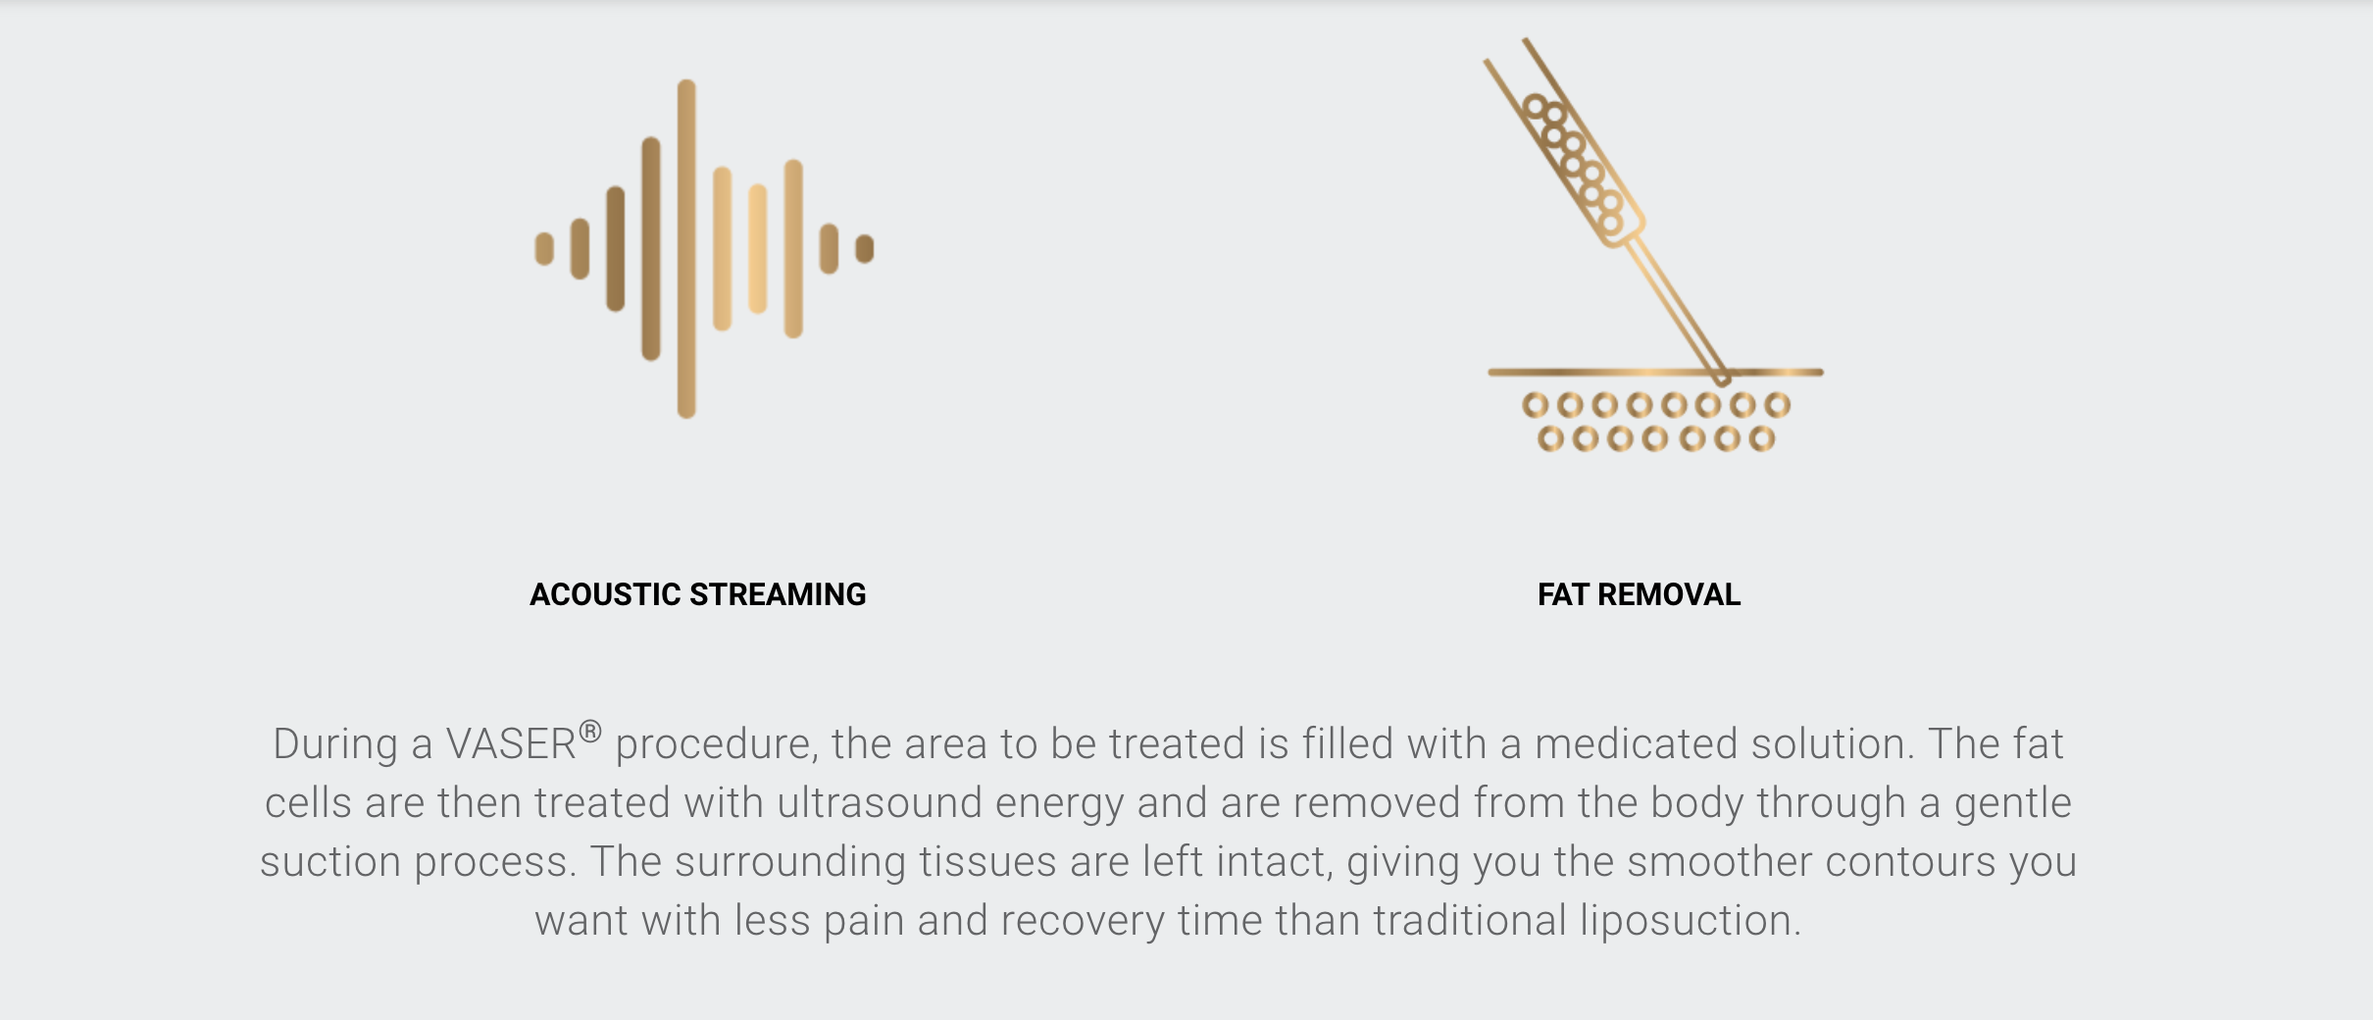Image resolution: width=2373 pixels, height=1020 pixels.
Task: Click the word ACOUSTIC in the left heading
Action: tap(605, 594)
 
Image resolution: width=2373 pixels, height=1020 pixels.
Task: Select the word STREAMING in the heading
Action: tap(779, 594)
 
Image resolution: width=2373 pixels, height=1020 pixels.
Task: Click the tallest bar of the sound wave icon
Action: tap(686, 249)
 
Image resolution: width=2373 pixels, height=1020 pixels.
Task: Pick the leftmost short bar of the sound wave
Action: tap(544, 249)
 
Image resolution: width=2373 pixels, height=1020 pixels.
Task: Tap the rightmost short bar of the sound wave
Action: tap(865, 249)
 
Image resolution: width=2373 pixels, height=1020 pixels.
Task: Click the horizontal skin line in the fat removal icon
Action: tap(1655, 373)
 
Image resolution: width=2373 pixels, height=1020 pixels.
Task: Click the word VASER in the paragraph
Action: tap(511, 744)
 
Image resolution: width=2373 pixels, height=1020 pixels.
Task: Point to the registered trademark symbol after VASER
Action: tap(589, 732)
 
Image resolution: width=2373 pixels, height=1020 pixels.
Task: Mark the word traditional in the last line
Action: tap(1470, 921)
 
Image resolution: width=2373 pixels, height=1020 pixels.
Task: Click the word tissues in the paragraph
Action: tap(988, 862)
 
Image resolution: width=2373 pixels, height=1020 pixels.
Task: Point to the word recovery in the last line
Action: tap(1084, 922)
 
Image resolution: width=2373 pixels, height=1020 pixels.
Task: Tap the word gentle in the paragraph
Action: tap(2013, 804)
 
